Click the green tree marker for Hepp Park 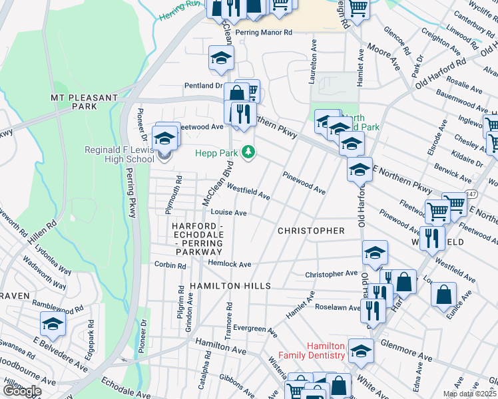click(248, 153)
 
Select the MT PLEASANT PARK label click(84, 102)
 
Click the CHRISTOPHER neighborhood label click(311, 231)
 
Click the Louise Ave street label click(228, 213)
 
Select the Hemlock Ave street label click(229, 264)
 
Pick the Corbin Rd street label click(170, 265)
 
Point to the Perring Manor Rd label click(264, 32)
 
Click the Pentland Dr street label click(204, 86)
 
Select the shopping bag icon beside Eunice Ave click(443, 294)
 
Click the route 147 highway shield click(471, 194)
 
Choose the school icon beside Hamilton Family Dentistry click(361, 350)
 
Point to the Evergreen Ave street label click(254, 329)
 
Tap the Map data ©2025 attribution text click(469, 394)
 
